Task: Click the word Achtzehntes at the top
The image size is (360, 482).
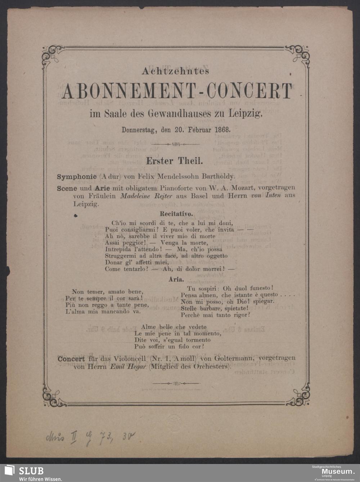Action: (x=175, y=71)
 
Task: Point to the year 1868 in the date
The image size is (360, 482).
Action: (x=222, y=129)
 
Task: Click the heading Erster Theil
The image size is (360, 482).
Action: (x=174, y=161)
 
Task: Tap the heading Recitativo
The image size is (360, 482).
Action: (x=176, y=214)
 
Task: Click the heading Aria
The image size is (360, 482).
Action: (x=176, y=279)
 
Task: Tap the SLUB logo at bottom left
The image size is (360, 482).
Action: (x=24, y=473)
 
